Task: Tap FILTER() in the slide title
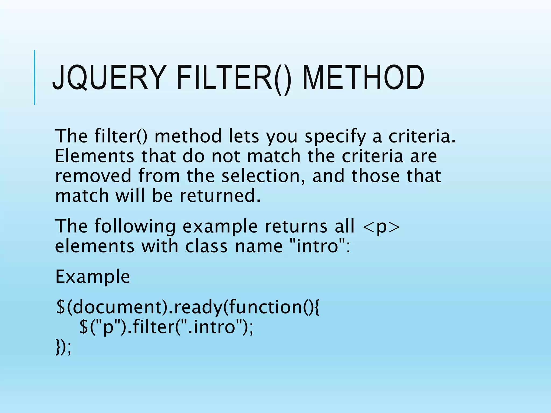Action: point(234,78)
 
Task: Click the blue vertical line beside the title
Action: point(34,77)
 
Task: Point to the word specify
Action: point(335,137)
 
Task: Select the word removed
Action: point(93,176)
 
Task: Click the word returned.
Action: point(220,195)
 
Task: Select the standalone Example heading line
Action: point(93,277)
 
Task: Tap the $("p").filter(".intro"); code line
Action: point(166,327)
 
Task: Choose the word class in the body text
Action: point(206,246)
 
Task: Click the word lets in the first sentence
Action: point(244,137)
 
